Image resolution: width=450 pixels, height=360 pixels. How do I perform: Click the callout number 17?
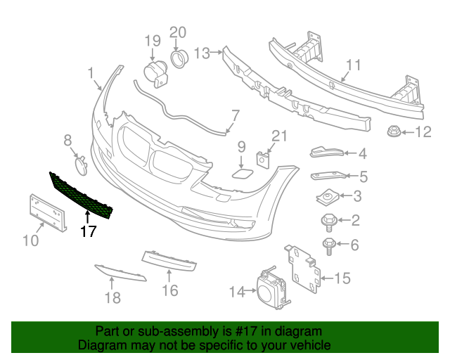coord(88,231)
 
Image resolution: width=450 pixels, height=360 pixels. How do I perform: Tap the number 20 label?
coord(178,32)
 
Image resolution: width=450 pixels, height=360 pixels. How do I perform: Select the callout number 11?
coord(352,65)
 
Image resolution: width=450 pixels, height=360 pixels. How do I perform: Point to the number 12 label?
coord(423,131)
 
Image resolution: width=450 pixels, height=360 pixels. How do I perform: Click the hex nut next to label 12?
coord(392,131)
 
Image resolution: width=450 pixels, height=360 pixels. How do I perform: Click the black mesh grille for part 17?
coord(82,197)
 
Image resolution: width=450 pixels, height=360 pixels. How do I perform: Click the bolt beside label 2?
coord(328,221)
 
